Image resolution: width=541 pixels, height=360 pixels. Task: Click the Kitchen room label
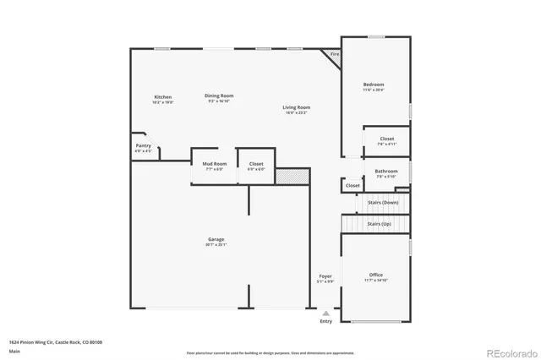(162, 97)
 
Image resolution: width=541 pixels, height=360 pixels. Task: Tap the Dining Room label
(219, 95)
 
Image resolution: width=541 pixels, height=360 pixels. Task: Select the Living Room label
(296, 107)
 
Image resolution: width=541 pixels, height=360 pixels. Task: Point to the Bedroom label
(374, 85)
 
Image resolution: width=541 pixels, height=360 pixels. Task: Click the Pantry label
(144, 145)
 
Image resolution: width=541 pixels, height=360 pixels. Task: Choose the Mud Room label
(214, 163)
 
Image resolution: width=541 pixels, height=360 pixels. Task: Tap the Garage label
(216, 239)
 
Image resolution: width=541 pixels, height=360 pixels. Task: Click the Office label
(375, 275)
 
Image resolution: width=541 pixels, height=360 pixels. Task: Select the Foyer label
(325, 276)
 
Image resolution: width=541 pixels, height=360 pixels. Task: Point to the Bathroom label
(386, 172)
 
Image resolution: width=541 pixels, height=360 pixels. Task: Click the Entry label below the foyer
(325, 321)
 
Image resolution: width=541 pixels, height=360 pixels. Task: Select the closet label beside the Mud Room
(255, 163)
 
